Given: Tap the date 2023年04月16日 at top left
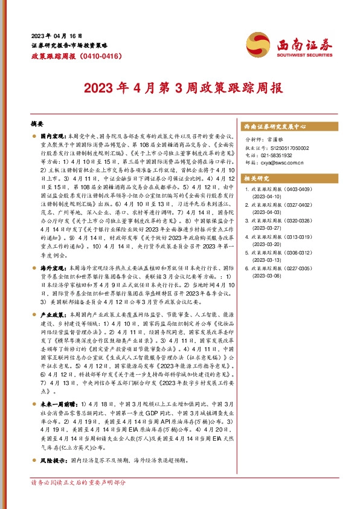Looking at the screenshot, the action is [57, 36].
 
